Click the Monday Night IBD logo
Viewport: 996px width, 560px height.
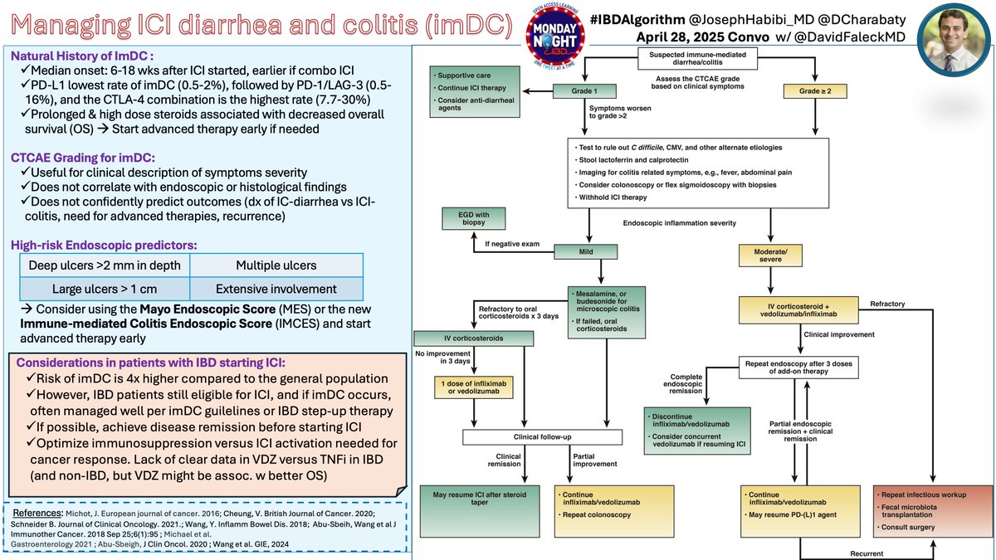coord(554,36)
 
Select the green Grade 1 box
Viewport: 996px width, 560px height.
coord(584,91)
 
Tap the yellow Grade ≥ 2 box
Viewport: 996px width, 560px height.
coord(815,91)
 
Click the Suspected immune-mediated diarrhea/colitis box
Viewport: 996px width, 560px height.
coord(697,58)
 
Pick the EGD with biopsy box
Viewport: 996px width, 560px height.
coord(474,218)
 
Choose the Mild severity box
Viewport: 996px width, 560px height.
coord(586,251)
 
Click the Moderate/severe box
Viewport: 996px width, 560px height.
coord(770,256)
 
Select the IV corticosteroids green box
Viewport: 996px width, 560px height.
coord(474,338)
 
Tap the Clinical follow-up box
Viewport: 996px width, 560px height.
coord(543,437)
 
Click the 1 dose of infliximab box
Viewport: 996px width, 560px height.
coord(474,387)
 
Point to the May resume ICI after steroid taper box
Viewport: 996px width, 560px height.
coord(480,511)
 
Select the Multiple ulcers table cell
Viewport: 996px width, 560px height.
coord(276,265)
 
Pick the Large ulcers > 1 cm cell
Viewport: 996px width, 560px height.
coord(105,289)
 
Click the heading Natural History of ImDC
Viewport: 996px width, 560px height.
coord(82,56)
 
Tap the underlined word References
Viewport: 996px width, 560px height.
coord(37,513)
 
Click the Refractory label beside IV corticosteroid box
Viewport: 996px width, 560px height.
coord(887,304)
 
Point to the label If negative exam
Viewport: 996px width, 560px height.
coord(512,244)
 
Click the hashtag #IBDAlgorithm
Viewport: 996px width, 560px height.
coord(637,20)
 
